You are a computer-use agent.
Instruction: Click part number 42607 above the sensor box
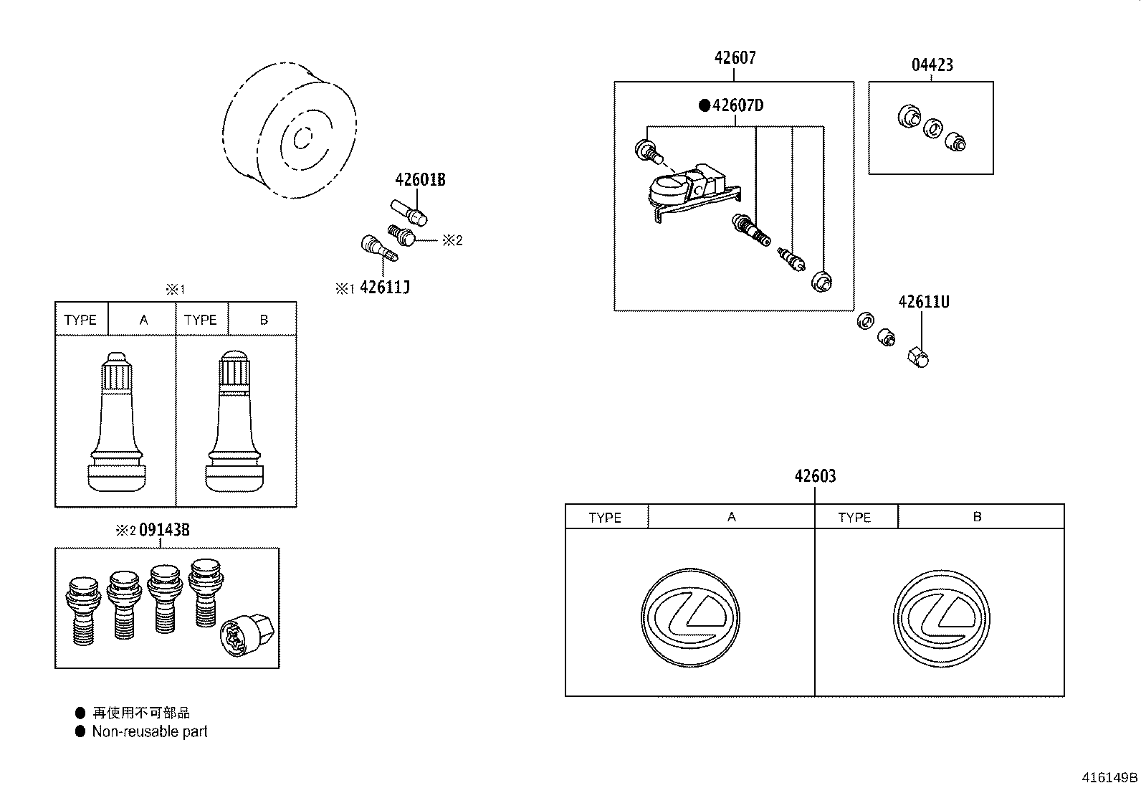pos(735,58)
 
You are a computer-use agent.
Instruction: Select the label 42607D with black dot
pos(737,105)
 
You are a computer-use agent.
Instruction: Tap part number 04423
pos(932,65)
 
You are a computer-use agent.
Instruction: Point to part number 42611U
pos(923,302)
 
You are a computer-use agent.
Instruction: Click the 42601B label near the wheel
pos(420,180)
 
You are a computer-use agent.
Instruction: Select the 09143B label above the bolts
pos(163,530)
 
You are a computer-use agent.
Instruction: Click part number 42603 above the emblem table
pos(815,476)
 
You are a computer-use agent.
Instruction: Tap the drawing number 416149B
pos(1109,777)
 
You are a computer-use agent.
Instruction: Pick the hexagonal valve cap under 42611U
pos(917,356)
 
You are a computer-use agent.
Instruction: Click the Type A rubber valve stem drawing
pos(116,423)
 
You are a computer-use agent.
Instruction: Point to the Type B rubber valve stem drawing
pos(236,423)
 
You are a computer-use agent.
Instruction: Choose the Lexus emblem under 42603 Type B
pos(941,617)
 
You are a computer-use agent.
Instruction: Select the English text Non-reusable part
pos(149,731)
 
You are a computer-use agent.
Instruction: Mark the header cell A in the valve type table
pos(143,320)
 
